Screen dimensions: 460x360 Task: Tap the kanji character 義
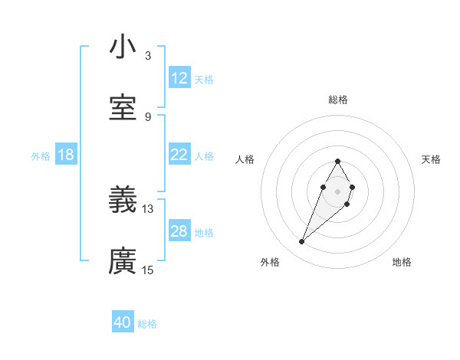[123, 200]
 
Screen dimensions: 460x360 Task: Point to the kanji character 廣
[123, 261]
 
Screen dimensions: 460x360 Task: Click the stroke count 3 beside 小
[147, 55]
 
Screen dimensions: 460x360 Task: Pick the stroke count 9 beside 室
[147, 116]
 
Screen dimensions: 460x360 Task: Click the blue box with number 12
[179, 78]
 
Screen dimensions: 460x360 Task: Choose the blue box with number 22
[179, 155]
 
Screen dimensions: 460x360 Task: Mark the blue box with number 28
[179, 231]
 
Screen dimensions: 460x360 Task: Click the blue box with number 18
[66, 155]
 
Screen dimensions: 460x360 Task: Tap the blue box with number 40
[123, 322]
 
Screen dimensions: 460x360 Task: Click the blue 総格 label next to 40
[147, 324]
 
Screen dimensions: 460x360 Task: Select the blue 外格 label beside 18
[41, 156]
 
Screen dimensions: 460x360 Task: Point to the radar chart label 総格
[337, 100]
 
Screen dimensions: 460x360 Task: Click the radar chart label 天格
[432, 159]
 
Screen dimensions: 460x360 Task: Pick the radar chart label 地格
[402, 263]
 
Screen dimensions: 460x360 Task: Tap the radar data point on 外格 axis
[301, 242]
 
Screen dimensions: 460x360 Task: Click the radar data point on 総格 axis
[337, 161]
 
